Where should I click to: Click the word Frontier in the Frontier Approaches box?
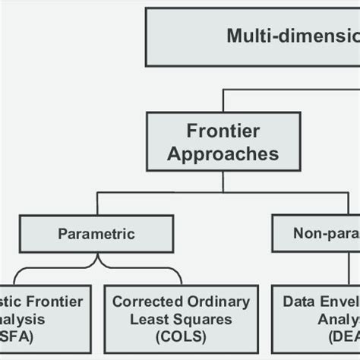(x=223, y=131)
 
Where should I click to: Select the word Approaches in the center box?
(x=223, y=154)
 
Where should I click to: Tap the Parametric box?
(x=96, y=233)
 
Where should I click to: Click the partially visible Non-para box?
(x=315, y=233)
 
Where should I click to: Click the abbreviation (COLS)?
(x=181, y=336)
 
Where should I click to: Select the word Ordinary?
(x=215, y=302)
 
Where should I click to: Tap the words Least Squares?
(x=181, y=319)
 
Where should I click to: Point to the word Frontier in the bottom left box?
(x=53, y=302)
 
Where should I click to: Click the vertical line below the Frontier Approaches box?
(x=223, y=182)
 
